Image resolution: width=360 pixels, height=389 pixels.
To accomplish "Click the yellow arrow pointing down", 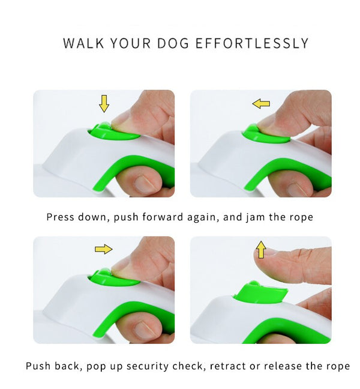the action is click(104, 103).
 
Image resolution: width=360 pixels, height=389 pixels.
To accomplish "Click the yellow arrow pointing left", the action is click(261, 103).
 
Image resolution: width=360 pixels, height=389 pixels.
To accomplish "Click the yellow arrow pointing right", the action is click(104, 249).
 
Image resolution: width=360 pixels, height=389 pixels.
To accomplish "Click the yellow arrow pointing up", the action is click(261, 250).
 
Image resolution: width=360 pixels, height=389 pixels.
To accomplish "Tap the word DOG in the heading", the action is click(173, 43).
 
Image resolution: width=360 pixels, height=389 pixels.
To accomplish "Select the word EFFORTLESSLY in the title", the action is click(252, 43).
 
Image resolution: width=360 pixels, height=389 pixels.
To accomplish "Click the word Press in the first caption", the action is click(60, 217).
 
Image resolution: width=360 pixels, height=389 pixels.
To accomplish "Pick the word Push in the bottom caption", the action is click(38, 366).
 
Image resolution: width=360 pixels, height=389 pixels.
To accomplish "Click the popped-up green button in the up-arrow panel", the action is click(260, 294).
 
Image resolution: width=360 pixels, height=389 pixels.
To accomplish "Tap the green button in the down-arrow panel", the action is click(115, 131).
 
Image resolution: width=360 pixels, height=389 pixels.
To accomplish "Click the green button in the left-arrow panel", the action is click(265, 134).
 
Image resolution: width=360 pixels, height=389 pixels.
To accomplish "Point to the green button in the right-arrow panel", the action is click(115, 279).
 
